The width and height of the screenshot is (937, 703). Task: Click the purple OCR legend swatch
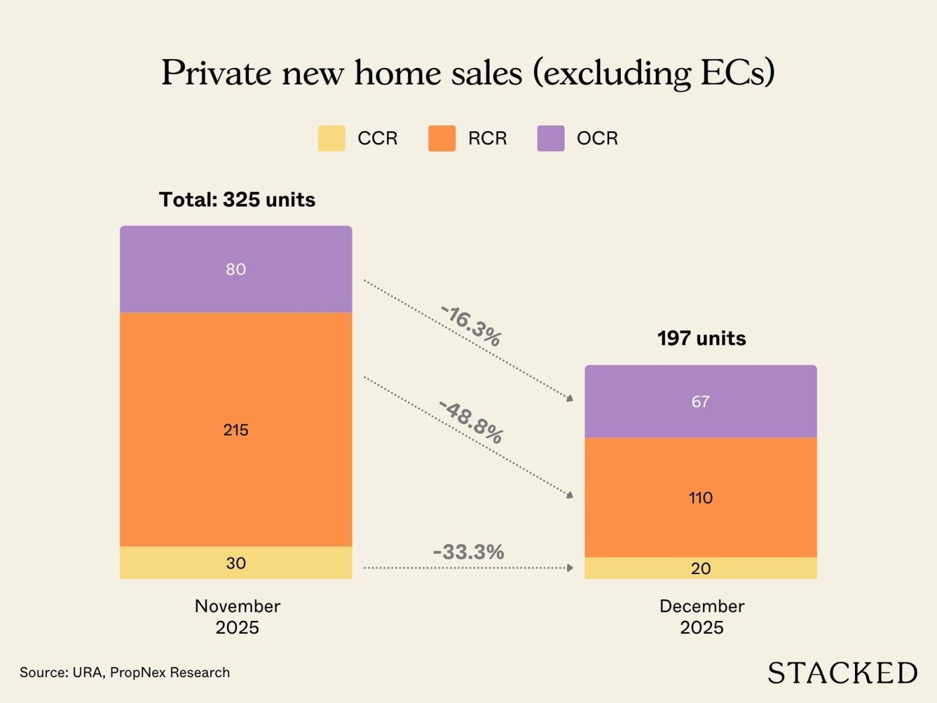pyautogui.click(x=550, y=138)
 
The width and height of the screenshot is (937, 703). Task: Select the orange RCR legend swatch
pyautogui.click(x=442, y=138)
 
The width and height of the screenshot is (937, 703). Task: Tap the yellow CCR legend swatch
pyautogui.click(x=331, y=138)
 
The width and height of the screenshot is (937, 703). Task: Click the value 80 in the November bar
pyautogui.click(x=235, y=269)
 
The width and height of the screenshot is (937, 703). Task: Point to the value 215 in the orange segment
pyautogui.click(x=235, y=430)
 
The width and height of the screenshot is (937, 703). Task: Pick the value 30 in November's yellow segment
pyautogui.click(x=235, y=563)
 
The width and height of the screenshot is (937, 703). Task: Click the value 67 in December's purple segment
pyautogui.click(x=700, y=402)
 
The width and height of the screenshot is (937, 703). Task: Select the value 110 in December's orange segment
pyautogui.click(x=700, y=498)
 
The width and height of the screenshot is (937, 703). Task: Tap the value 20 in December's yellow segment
pyautogui.click(x=700, y=568)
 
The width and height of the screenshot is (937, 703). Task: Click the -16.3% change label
pyautogui.click(x=471, y=326)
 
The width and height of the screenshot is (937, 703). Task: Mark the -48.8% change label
pyautogui.click(x=471, y=422)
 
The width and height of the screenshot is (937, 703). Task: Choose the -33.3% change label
pyautogui.click(x=468, y=552)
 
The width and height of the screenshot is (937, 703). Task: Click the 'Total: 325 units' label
pyautogui.click(x=237, y=200)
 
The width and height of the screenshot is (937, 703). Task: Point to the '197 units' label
pyautogui.click(x=702, y=338)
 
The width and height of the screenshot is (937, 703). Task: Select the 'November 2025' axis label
pyautogui.click(x=237, y=616)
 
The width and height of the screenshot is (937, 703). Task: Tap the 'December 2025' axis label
pyautogui.click(x=702, y=616)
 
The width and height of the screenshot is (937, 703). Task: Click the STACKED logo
pyautogui.click(x=842, y=673)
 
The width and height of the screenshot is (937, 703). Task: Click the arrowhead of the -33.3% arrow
pyautogui.click(x=570, y=568)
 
